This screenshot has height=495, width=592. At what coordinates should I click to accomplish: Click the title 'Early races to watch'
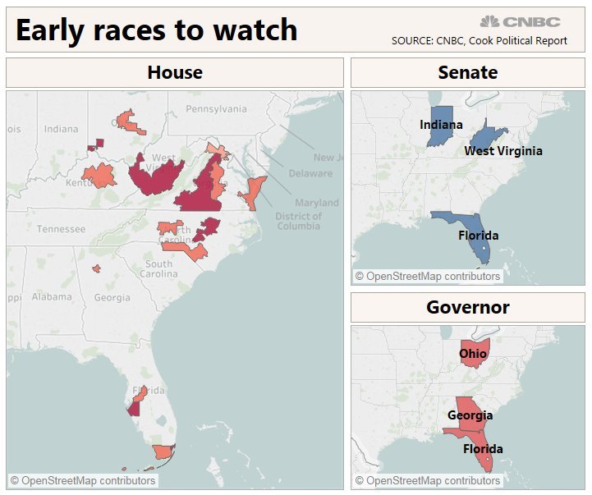[156, 30]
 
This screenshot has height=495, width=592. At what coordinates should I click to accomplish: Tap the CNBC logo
[520, 21]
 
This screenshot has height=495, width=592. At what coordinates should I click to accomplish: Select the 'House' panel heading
[174, 72]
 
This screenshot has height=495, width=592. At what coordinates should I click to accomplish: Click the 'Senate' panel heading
[467, 72]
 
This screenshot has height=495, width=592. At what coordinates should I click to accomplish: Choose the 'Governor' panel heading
[467, 307]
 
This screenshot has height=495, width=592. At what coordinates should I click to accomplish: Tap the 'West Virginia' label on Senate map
[503, 151]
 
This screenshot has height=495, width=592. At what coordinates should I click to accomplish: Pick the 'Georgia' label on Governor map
[470, 415]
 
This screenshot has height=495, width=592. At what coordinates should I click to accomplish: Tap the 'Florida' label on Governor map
[483, 449]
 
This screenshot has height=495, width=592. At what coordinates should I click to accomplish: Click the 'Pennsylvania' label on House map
[216, 108]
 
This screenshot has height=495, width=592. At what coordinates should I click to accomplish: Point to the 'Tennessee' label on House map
[61, 229]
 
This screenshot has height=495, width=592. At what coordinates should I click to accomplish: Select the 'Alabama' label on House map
[52, 297]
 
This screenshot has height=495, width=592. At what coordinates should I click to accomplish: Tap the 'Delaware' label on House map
[310, 173]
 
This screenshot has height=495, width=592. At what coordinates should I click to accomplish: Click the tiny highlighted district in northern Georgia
[96, 268]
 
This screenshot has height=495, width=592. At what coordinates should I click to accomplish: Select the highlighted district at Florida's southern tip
[163, 451]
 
